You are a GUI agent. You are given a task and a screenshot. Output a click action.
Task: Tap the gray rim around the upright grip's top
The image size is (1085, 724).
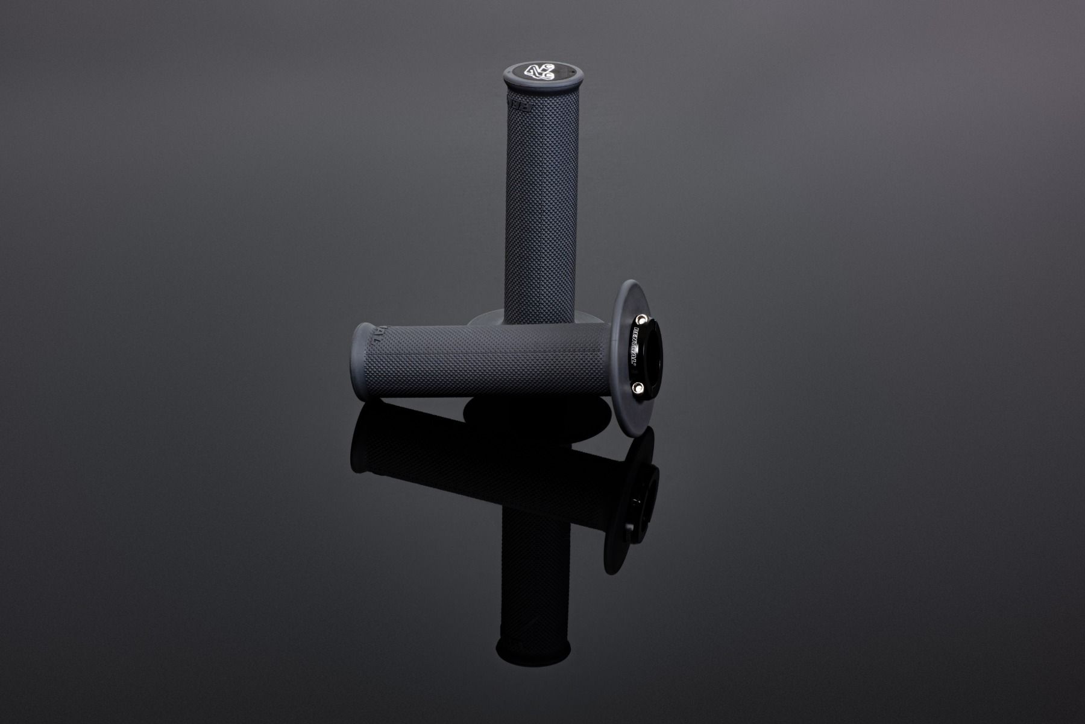click(x=508, y=84)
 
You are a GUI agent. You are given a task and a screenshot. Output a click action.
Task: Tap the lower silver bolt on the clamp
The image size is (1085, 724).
click(x=638, y=389)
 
